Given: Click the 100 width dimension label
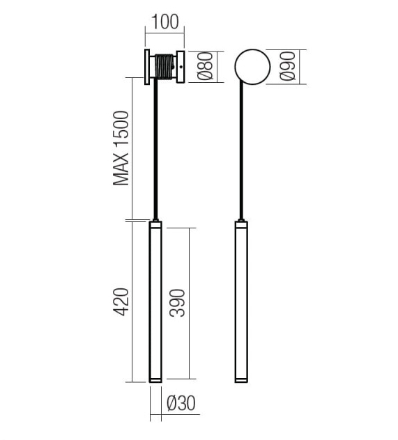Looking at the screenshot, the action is (x=165, y=22).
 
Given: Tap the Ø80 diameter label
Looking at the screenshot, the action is (x=206, y=66).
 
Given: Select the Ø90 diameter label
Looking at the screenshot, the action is (x=288, y=66).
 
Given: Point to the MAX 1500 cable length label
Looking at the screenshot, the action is (x=121, y=148).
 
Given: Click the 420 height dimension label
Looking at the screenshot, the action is (x=121, y=302).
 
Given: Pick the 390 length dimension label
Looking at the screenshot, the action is (x=177, y=303).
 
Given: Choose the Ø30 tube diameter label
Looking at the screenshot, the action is (x=181, y=404).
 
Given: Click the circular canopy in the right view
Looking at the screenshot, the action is (x=252, y=67).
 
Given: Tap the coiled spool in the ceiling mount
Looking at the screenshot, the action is (x=164, y=67).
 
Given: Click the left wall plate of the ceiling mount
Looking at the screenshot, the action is (x=147, y=67).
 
